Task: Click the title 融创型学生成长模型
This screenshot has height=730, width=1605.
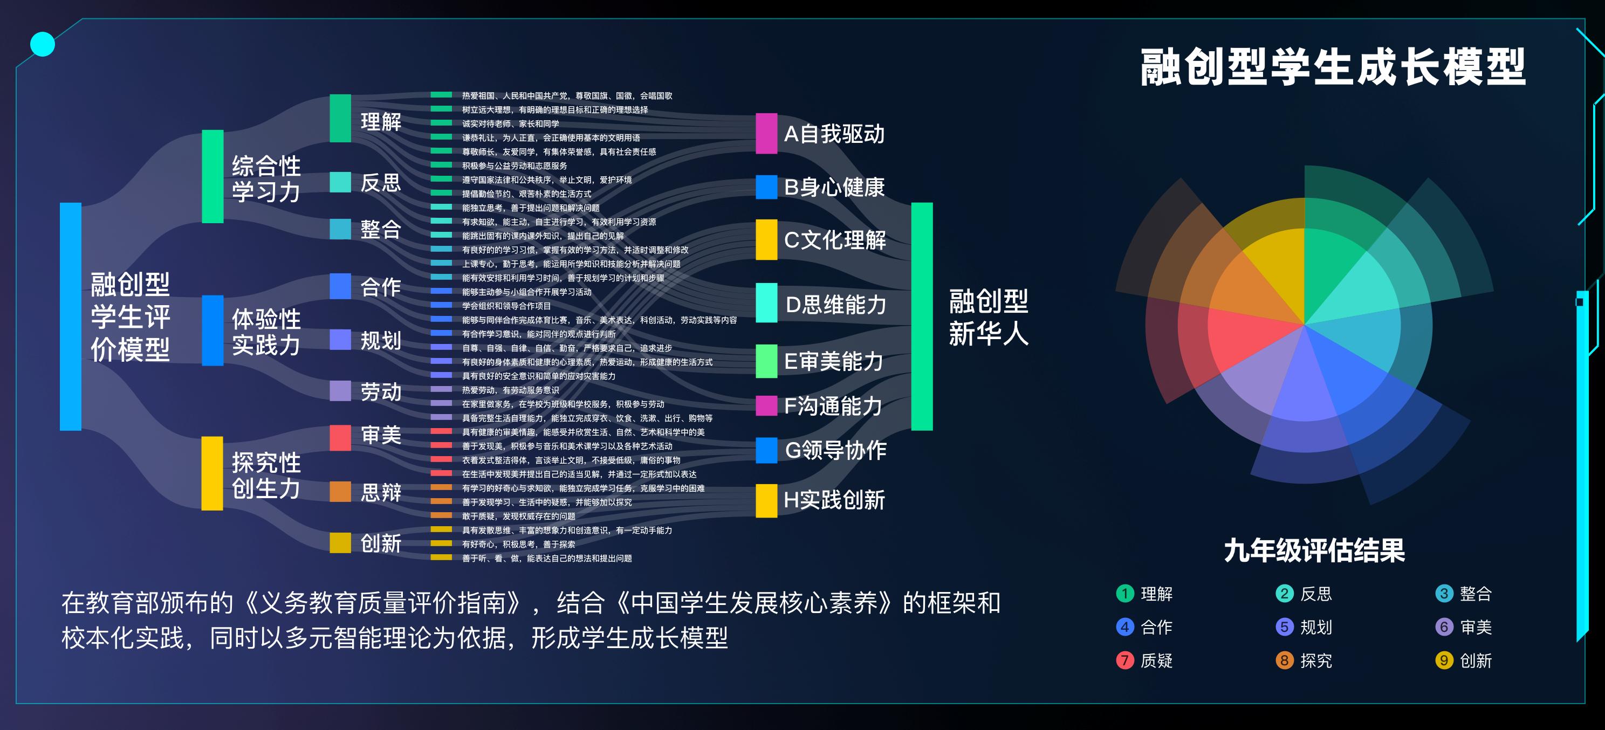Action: [x=1332, y=67]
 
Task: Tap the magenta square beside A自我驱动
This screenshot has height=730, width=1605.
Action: [x=766, y=133]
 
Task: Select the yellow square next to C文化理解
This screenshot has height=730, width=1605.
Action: [x=766, y=239]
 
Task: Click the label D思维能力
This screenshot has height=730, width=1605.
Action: [x=835, y=305]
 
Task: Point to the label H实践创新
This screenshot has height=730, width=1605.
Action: [x=834, y=500]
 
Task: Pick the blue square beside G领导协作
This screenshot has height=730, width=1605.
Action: [x=766, y=450]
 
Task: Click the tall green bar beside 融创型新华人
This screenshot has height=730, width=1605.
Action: [x=922, y=316]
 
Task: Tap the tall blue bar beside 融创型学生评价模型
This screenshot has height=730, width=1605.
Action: [x=71, y=316]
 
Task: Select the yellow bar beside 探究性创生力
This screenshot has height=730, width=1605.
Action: [x=212, y=473]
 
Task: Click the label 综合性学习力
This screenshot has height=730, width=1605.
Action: [x=266, y=179]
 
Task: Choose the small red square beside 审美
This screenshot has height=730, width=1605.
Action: [x=340, y=437]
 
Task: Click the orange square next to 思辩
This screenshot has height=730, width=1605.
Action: [x=340, y=492]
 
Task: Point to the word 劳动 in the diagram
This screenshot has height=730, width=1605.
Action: [x=381, y=392]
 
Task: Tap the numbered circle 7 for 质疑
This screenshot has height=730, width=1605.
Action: [x=1124, y=660]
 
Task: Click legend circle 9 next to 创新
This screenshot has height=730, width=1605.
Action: [x=1444, y=660]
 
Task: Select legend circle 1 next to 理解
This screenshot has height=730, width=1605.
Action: [x=1124, y=594]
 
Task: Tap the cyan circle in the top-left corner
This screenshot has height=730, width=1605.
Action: [x=43, y=44]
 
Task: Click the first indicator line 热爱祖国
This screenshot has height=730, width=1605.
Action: [x=566, y=96]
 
